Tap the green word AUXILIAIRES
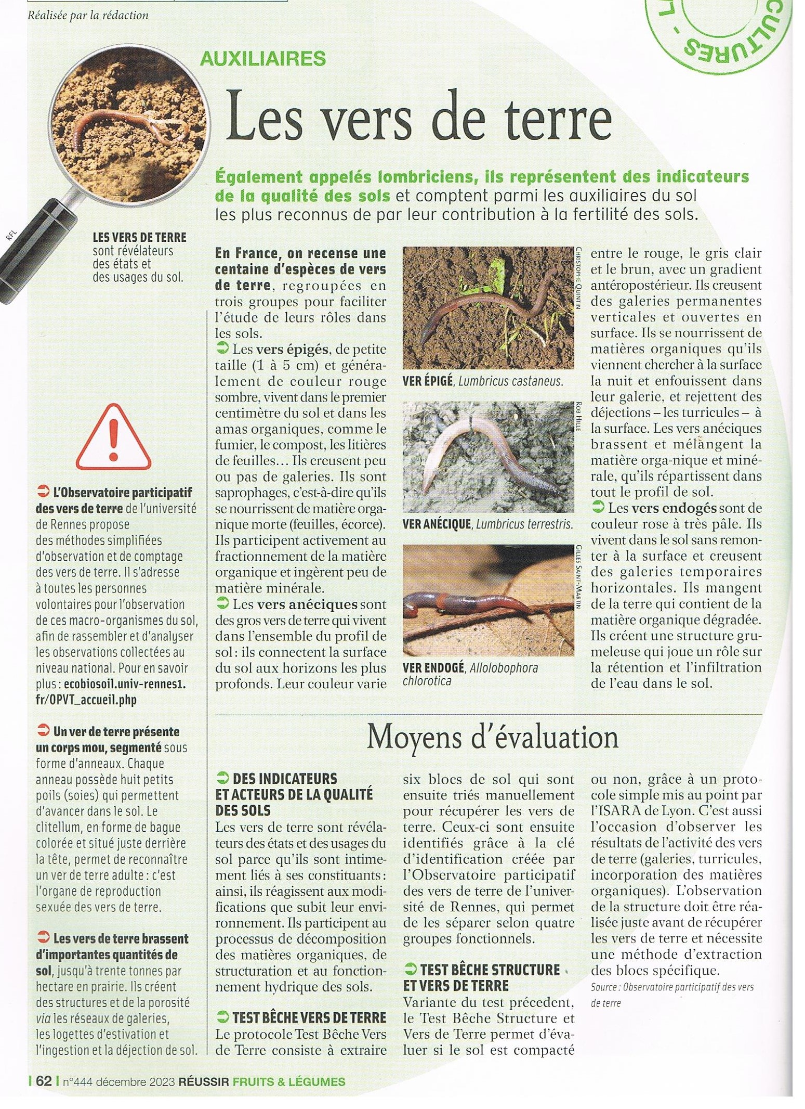(263, 58)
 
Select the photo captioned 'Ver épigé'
(488, 307)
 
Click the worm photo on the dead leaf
(488, 600)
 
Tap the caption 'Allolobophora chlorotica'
(470, 674)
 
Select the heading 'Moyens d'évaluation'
(492, 738)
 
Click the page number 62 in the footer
(44, 1081)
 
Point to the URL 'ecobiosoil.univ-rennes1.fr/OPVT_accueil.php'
(111, 692)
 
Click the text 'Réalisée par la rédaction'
(88, 16)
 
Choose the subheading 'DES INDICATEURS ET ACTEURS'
(294, 794)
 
